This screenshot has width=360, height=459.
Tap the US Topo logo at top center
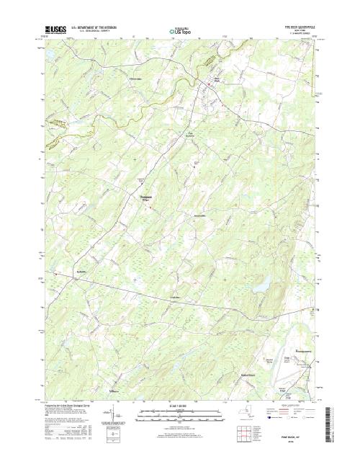click(x=179, y=32)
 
